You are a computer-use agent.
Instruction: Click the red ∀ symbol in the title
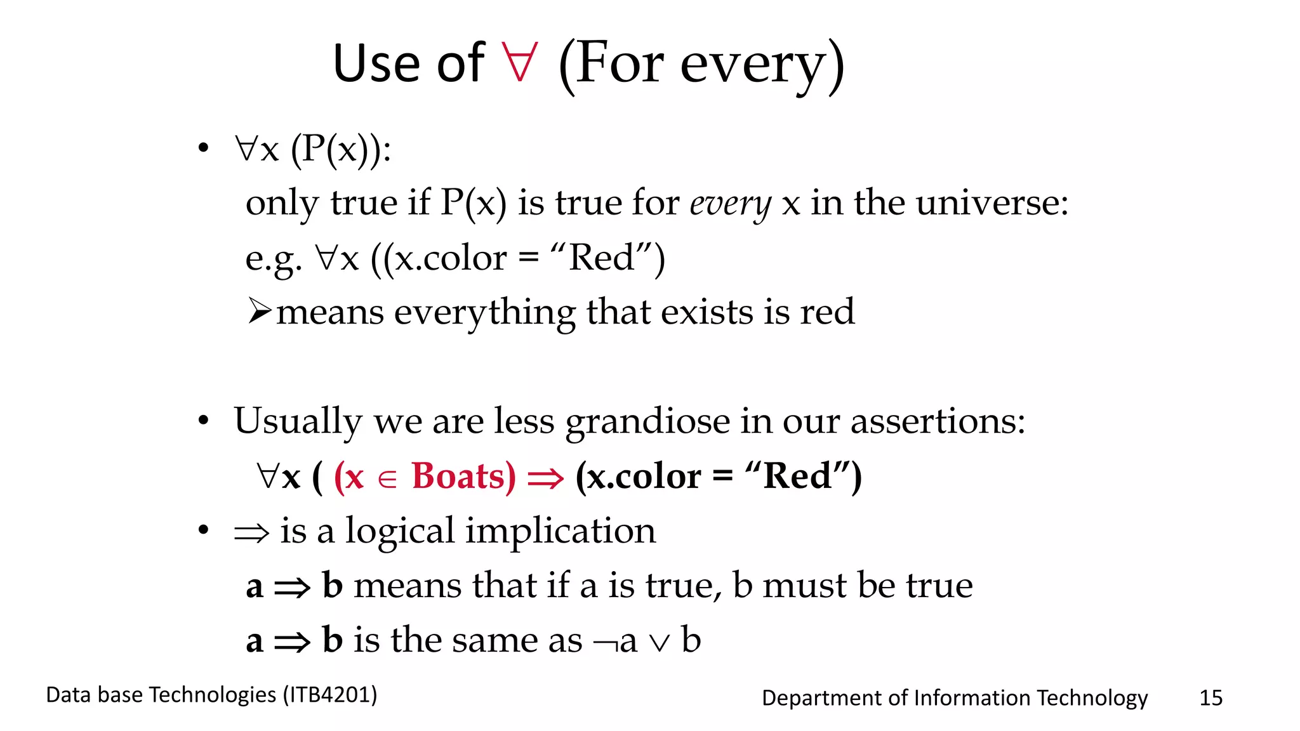click(520, 62)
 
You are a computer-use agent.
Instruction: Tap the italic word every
click(730, 204)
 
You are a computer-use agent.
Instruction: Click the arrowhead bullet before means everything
click(260, 311)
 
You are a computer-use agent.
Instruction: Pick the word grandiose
click(647, 422)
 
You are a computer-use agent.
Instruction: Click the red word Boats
click(463, 476)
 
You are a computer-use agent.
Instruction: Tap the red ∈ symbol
click(387, 480)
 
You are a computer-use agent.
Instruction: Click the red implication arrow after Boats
click(545, 478)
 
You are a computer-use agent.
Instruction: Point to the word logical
click(400, 532)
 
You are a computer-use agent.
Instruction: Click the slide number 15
click(1210, 698)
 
